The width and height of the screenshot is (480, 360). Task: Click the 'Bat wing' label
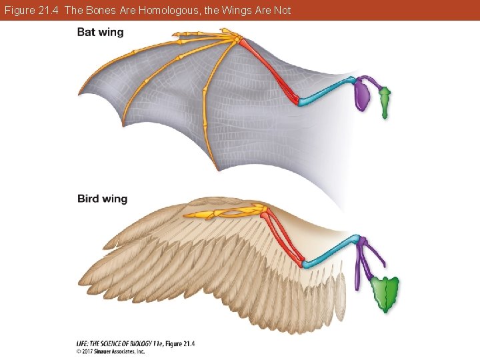[x=100, y=33]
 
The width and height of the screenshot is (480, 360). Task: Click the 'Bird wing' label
[x=102, y=199]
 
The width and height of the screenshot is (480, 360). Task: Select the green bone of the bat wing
[x=385, y=103]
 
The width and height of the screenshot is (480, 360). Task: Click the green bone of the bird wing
[x=385, y=293]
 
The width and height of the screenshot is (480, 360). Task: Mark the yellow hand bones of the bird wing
[x=227, y=213]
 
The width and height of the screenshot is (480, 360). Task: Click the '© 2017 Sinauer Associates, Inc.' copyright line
[x=110, y=351]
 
